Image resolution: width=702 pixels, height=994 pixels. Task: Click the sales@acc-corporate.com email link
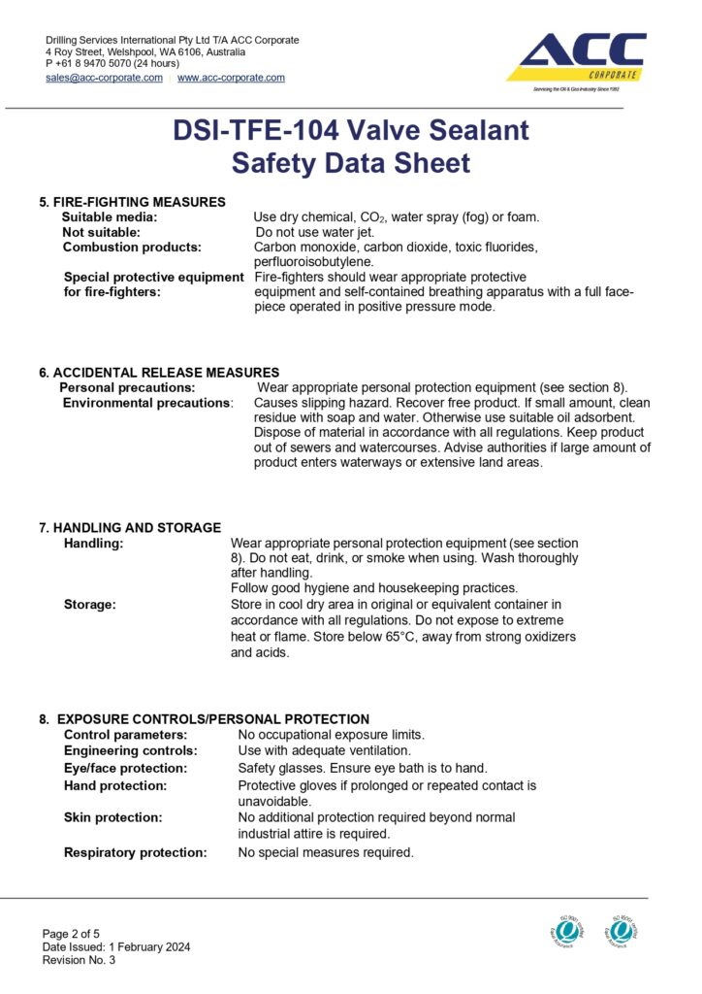pyautogui.click(x=104, y=78)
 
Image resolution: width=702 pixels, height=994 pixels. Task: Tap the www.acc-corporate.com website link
pyautogui.click(x=231, y=78)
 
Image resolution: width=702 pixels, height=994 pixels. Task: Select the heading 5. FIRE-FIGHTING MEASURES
pyautogui.click(x=132, y=202)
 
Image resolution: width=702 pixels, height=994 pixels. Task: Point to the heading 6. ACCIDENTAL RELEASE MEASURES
pyautogui.click(x=159, y=372)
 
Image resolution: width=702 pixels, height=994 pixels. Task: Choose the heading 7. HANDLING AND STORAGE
pyautogui.click(x=130, y=528)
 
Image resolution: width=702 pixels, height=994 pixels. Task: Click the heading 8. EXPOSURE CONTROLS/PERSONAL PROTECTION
pyautogui.click(x=204, y=719)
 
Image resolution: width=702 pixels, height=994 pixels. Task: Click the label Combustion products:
pyautogui.click(x=132, y=248)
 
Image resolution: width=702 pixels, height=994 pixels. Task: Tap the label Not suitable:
pyautogui.click(x=102, y=232)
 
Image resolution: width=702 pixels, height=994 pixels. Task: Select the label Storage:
pyautogui.click(x=90, y=605)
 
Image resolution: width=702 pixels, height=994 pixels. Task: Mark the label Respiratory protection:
pyautogui.click(x=136, y=852)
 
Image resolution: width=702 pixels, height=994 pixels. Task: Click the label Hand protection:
pyautogui.click(x=115, y=785)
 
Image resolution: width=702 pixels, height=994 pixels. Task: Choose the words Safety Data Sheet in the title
pyautogui.click(x=350, y=162)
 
